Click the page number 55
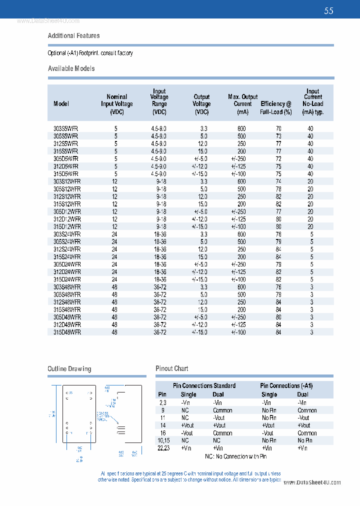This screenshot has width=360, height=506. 328,11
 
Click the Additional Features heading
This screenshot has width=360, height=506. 73,35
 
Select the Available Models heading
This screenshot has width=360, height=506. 71,68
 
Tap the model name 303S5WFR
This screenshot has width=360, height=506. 65,128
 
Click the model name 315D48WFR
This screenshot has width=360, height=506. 67,332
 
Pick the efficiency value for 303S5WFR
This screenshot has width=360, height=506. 278,128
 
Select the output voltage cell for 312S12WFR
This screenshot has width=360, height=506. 202,196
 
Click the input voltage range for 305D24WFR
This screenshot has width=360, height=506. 160,264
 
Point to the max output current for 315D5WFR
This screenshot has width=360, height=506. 238,174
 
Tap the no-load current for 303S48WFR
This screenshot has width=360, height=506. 311,287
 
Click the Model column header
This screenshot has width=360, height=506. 61,104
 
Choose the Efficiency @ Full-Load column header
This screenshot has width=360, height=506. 275,107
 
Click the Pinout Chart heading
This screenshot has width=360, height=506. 171,368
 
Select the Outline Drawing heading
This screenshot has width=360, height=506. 69,369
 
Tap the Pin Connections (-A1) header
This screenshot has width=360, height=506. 286,385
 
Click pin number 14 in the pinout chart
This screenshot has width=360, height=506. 163,425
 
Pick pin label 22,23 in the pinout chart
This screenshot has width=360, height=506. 163,448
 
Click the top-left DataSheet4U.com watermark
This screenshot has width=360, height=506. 48,21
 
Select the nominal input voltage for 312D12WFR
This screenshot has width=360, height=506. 114,219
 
